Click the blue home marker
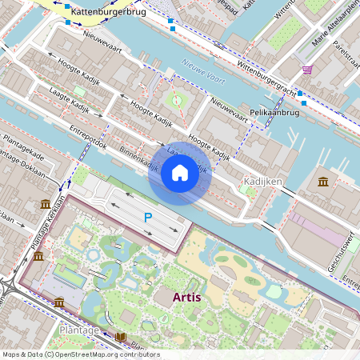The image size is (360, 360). click(180, 172)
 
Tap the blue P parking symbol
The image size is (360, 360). click(148, 217)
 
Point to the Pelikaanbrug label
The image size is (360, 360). click(269, 114)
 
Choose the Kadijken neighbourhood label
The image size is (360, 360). click(263, 182)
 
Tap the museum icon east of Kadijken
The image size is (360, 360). click(322, 182)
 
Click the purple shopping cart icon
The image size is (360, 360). click(307, 70)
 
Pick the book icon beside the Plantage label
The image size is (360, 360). click(120, 336)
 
